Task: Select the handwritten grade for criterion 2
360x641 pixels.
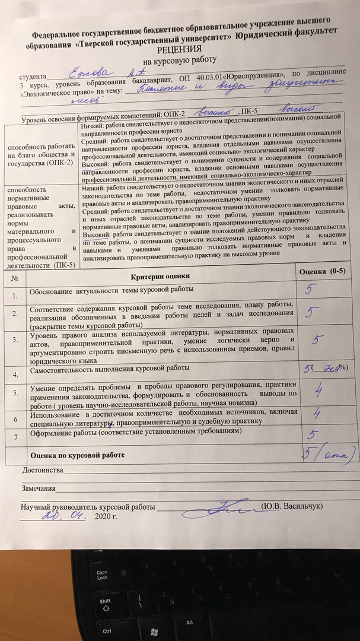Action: [313, 313]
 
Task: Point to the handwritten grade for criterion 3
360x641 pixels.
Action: [317, 339]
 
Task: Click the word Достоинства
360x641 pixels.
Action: [42, 471]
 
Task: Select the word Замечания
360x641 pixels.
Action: [38, 490]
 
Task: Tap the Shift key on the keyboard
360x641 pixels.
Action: [105, 601]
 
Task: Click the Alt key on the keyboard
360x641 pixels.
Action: [189, 622]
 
